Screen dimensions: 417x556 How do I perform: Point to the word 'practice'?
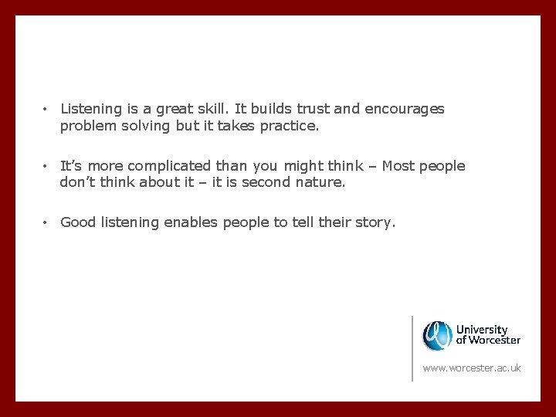[x=287, y=126]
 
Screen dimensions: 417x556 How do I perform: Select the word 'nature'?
[x=320, y=183]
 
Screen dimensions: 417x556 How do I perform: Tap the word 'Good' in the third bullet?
[x=77, y=222]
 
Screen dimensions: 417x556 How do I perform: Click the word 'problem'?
[x=86, y=126]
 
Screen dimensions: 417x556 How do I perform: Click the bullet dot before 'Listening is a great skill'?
[x=46, y=109]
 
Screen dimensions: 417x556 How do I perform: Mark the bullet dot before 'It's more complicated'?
[x=46, y=166]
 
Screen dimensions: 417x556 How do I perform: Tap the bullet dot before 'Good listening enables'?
[x=46, y=222]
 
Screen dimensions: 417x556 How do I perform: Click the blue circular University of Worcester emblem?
[x=437, y=334]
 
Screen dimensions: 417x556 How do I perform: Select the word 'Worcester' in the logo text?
[x=494, y=340]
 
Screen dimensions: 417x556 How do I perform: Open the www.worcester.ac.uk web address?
[x=471, y=368]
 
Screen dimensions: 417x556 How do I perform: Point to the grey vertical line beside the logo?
[x=412, y=347]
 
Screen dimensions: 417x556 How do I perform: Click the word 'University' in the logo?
[x=482, y=329]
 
